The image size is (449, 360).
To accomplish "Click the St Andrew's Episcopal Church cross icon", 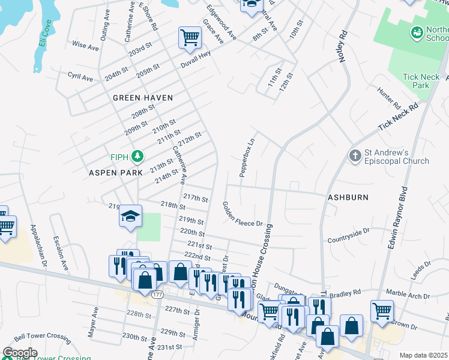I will click(355, 156).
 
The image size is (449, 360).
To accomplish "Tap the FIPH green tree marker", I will click(138, 157).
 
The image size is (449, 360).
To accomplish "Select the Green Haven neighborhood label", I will click(143, 98).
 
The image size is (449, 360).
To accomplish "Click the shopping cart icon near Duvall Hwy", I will click(190, 38).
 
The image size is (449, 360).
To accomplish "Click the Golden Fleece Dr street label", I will click(243, 215).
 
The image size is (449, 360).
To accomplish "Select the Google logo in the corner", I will click(20, 353).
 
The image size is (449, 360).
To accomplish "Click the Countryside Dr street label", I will click(348, 235).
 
